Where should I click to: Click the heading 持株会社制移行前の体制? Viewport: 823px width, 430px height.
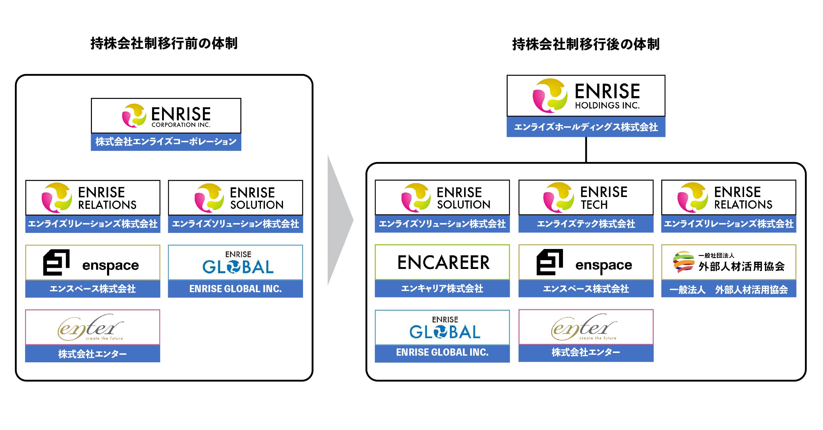pos(164,44)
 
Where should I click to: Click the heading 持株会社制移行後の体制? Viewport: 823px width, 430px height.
pos(586,44)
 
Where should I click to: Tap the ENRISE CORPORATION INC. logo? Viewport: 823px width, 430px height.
pos(166,115)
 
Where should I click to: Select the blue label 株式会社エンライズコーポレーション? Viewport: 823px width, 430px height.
pos(166,142)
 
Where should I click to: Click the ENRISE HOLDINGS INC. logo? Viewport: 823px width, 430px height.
pos(586,96)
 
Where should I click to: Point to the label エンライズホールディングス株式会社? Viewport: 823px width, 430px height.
pos(586,127)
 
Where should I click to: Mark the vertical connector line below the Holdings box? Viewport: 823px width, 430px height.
pos(586,149)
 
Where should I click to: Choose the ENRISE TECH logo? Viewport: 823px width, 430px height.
pos(586,198)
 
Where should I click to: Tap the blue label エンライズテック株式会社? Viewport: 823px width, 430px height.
pos(586,224)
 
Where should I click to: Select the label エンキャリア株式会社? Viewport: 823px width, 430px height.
pos(442,289)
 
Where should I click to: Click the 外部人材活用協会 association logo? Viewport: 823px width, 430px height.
pos(728,262)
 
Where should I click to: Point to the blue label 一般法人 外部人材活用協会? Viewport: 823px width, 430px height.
pos(728,289)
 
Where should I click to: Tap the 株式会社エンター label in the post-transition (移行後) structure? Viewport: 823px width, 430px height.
pos(586,352)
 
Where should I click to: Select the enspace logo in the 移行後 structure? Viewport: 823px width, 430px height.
pos(586,263)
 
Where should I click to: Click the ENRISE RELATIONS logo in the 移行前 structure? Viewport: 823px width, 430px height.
pos(93,198)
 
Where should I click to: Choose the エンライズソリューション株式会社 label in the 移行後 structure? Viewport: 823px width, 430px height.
pos(442,224)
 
